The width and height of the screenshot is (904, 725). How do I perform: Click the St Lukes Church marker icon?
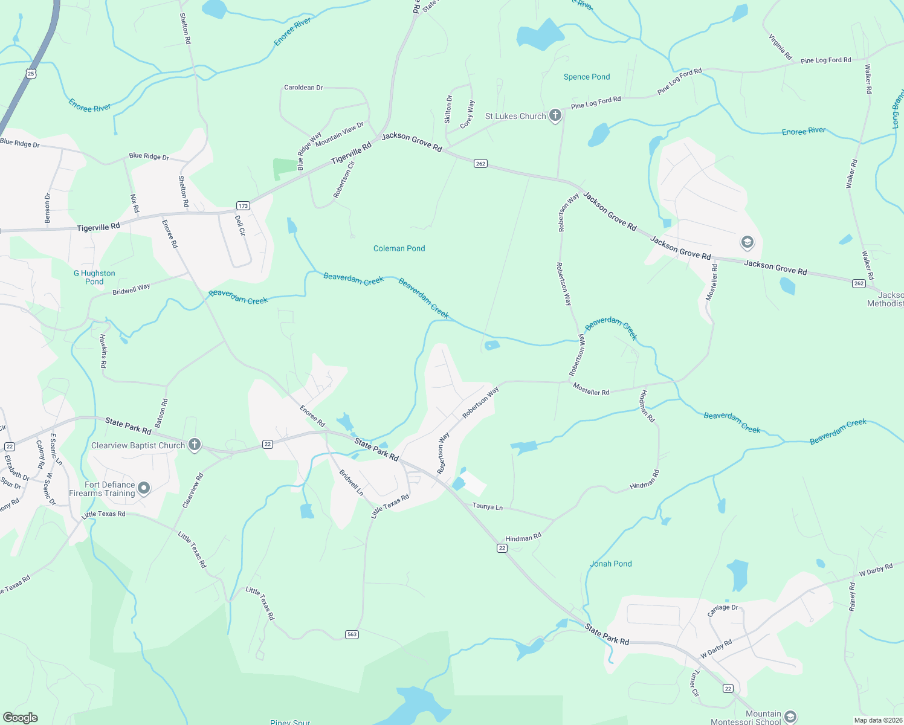pos(555,116)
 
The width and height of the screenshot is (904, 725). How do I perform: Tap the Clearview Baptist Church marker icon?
pos(194,445)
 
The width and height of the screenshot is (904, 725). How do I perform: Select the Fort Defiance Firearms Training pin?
pos(144,488)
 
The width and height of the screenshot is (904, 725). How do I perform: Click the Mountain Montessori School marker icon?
pos(790,717)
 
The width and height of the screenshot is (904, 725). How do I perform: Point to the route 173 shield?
pos(243,206)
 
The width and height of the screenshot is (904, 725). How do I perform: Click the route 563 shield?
pos(352,634)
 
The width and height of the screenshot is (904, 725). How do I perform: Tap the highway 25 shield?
pos(31,74)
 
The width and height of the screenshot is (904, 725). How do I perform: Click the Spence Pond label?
pos(586,77)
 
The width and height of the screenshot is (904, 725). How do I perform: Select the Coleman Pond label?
pos(399,248)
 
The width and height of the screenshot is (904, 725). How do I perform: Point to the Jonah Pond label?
pos(610,564)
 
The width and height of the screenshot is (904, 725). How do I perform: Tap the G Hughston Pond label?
pos(94,277)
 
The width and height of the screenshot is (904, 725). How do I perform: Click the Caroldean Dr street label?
pos(303,88)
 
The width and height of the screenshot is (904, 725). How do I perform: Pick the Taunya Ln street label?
pos(487,507)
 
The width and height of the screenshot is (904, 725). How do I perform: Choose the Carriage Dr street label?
pos(723,611)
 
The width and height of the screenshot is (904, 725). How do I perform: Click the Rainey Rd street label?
pos(852,596)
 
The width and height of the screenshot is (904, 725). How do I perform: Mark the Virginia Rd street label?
pos(780,47)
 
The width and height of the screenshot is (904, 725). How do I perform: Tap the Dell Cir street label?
pos(241,225)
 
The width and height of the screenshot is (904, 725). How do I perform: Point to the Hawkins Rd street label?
pos(103,351)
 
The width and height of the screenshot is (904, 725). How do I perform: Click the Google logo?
pos(20,718)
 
